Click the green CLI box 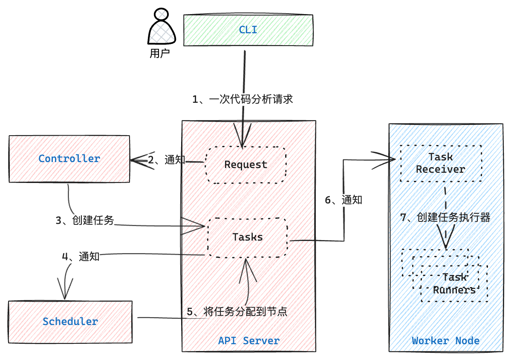click(248, 30)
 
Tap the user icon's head click(162, 14)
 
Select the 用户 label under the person click(160, 53)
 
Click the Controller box click(69, 159)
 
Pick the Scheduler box click(70, 322)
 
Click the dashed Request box click(246, 165)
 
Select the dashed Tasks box click(248, 238)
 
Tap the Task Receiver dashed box click(441, 163)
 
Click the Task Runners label click(454, 283)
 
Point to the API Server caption click(249, 341)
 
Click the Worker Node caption click(445, 341)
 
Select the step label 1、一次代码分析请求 click(243, 99)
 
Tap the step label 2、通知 click(167, 160)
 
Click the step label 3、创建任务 click(85, 220)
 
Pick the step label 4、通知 click(81, 257)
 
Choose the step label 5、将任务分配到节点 click(237, 311)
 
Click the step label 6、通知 click(344, 200)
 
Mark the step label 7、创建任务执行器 click(445, 217)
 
